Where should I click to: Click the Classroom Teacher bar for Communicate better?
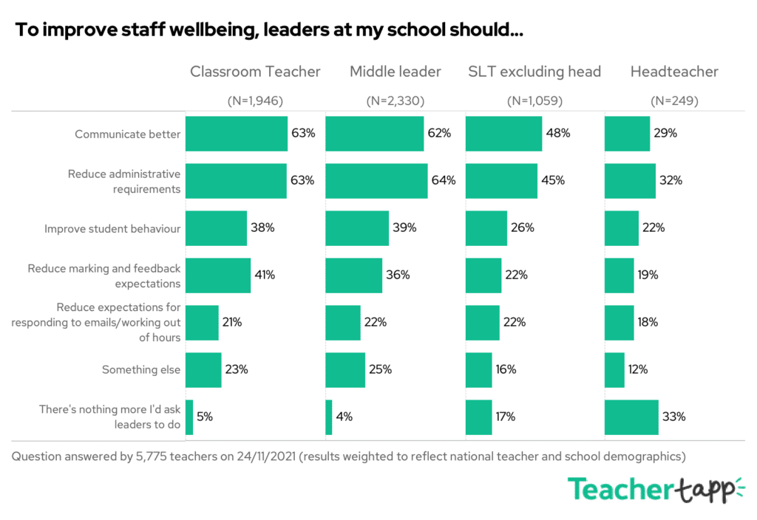[x=236, y=134]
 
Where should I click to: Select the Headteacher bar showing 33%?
[x=631, y=417]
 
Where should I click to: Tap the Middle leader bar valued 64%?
[x=376, y=180]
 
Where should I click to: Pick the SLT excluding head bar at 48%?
[x=503, y=134]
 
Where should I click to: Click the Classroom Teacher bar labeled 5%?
[x=189, y=417]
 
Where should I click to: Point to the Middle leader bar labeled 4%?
[x=329, y=417]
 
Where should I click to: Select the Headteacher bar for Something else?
[x=614, y=369]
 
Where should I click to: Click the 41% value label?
[x=265, y=275]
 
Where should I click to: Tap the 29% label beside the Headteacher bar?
[x=665, y=134]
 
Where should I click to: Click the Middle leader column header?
[x=396, y=72]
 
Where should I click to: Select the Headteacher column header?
[x=674, y=72]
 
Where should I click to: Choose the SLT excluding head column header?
[x=534, y=72]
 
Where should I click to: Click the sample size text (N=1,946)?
[x=255, y=101]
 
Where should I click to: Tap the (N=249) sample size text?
[x=674, y=101]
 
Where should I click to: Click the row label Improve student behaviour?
[x=112, y=228]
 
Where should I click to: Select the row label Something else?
[x=141, y=369]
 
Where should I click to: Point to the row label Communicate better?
[x=127, y=134]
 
